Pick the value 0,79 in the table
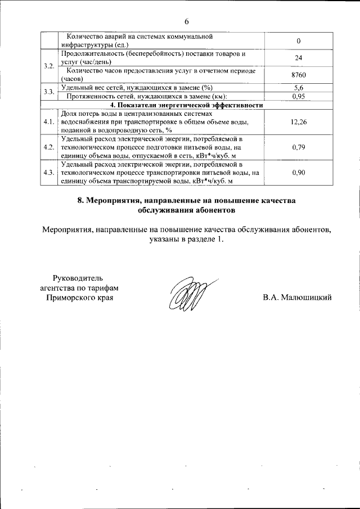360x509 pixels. (299, 148)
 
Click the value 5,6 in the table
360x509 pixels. (299, 88)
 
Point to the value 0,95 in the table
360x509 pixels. (299, 96)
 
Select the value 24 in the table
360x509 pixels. (299, 58)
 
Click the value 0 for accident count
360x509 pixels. (299, 41)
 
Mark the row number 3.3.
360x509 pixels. (49, 92)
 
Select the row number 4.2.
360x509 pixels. (49, 148)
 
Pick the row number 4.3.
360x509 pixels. (49, 173)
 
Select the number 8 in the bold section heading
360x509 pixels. (80, 201)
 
